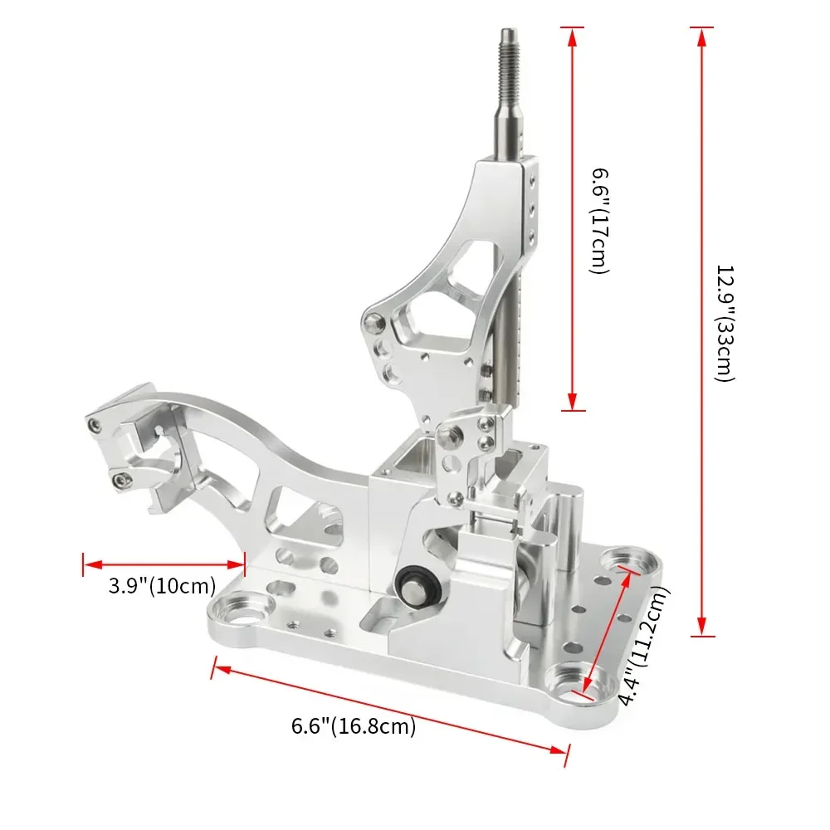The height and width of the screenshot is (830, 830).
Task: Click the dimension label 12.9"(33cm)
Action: [724, 324]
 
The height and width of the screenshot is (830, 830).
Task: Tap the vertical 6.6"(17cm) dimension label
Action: [600, 221]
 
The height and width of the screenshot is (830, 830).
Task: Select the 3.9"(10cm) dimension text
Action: [162, 585]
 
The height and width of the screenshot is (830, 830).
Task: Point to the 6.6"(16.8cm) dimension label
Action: [354, 726]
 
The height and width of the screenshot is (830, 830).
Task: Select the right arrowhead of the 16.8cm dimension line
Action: [564, 751]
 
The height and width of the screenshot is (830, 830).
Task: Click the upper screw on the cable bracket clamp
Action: [97, 425]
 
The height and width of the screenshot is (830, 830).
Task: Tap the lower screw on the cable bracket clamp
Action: [122, 477]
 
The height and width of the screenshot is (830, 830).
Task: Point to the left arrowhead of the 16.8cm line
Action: [218, 666]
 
